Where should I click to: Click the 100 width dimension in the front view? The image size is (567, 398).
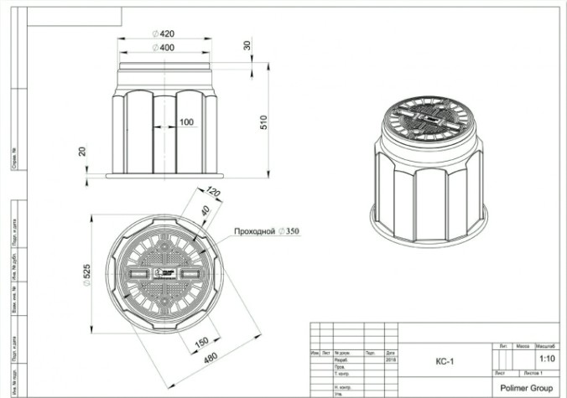tap(187, 122)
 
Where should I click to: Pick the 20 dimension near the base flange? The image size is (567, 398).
tap(81, 152)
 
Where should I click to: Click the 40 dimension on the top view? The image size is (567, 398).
tap(205, 212)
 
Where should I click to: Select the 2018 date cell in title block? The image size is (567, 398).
tap(391, 360)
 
